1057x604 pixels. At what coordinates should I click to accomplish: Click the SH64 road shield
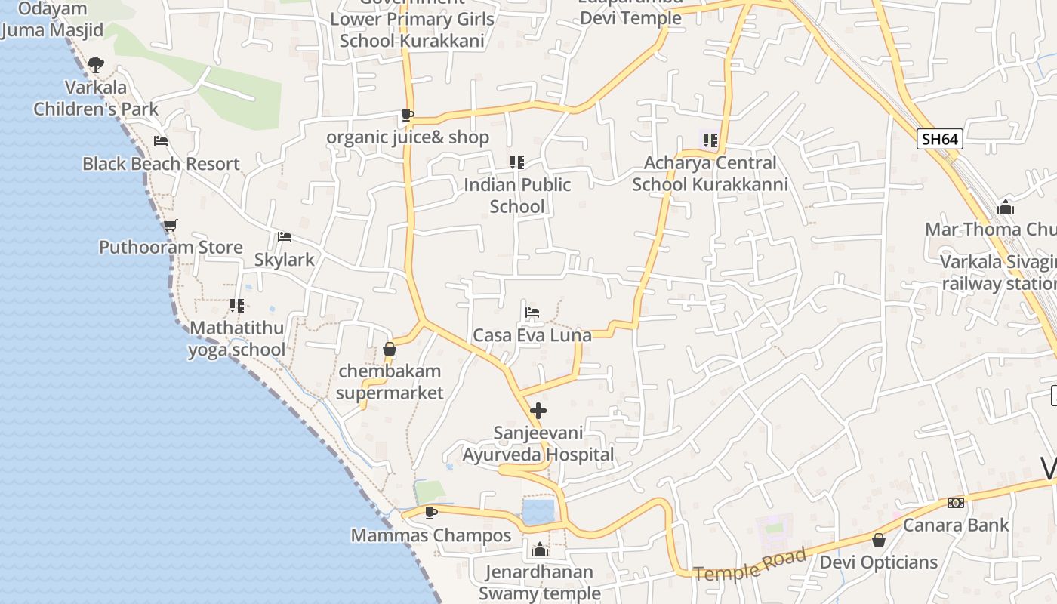coord(940,139)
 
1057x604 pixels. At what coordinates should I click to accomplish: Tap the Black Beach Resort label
coord(161,164)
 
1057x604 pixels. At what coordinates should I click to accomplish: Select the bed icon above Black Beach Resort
coord(161,140)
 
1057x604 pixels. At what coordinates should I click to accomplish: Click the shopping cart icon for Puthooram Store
coord(171,225)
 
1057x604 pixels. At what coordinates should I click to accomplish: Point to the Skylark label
coord(284,260)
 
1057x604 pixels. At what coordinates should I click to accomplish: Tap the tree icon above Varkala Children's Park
coord(95,65)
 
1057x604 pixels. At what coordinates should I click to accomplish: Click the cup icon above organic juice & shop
coord(407,116)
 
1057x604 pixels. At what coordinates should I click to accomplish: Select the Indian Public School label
coord(517,196)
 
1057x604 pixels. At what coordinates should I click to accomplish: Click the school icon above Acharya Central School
coord(710,140)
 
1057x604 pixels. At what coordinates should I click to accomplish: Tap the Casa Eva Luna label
coord(532,335)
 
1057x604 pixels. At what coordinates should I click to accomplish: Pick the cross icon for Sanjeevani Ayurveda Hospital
coord(538,411)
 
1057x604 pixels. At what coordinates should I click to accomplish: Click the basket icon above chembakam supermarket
coord(390,349)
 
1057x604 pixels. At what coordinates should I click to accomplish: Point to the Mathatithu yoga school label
coord(237,339)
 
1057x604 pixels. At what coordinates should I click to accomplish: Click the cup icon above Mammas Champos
coord(431,513)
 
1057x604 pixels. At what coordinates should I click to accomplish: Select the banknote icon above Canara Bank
coord(956,503)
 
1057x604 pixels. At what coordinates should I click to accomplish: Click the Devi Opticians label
coord(879,562)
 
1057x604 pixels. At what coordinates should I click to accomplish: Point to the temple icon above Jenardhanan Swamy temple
coord(539,550)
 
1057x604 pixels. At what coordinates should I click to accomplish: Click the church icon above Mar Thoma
coord(1006,206)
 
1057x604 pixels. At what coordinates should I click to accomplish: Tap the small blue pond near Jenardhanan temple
coord(538,511)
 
